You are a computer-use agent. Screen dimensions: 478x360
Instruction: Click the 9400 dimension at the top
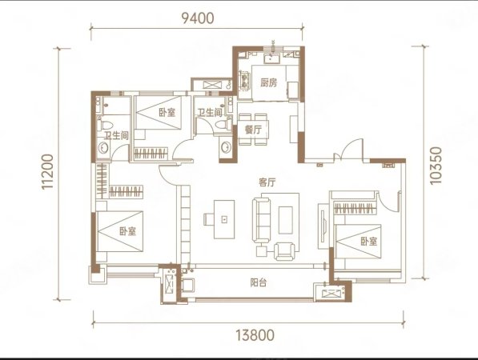(x=198, y=18)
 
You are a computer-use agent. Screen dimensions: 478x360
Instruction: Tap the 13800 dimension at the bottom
(x=255, y=335)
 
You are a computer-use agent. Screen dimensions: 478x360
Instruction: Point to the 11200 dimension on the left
(x=47, y=172)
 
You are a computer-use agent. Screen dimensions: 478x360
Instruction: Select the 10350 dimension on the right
(x=436, y=166)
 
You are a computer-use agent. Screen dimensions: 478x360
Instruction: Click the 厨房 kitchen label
(x=269, y=82)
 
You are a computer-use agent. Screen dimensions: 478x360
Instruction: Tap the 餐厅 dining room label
(x=253, y=130)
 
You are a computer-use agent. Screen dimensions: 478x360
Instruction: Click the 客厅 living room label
(x=267, y=182)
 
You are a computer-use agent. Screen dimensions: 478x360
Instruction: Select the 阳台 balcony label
(x=258, y=282)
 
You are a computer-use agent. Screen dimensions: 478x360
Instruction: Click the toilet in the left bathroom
(x=106, y=125)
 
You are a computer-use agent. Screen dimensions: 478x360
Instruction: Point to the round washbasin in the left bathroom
(x=103, y=148)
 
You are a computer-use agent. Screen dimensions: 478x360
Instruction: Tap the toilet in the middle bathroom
(x=223, y=125)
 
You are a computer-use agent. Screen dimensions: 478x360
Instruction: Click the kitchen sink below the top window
(x=271, y=58)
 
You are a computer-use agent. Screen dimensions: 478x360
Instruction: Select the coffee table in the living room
(x=285, y=220)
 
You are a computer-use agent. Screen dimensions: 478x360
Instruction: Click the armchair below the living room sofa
(x=285, y=251)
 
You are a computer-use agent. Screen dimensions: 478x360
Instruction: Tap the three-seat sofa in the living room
(x=262, y=220)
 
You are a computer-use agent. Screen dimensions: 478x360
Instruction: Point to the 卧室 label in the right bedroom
(x=369, y=242)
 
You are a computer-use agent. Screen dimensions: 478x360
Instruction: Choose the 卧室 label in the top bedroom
(x=167, y=112)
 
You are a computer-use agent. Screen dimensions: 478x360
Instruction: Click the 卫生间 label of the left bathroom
(x=116, y=135)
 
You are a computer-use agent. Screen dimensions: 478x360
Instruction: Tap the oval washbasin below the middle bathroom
(x=226, y=147)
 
